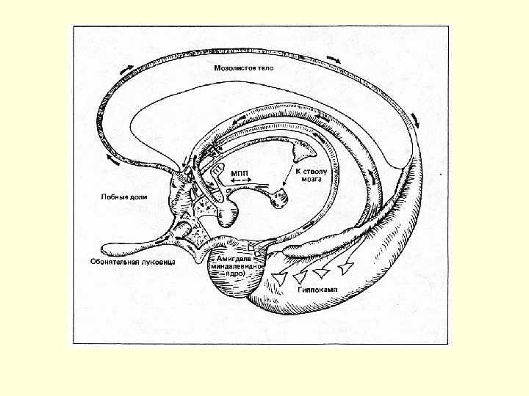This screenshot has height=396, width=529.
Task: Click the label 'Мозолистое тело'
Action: pos(243,67)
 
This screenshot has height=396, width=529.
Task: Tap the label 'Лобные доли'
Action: pos(120,197)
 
